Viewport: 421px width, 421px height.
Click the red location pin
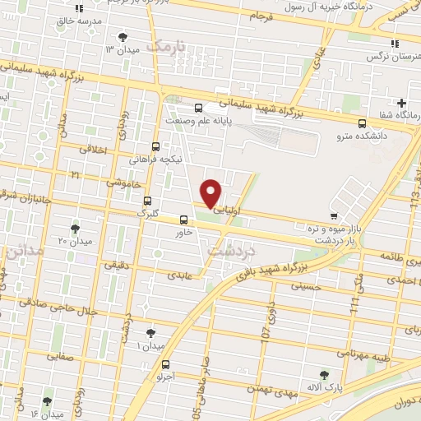point(211,192)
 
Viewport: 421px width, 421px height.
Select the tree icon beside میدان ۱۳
point(123,37)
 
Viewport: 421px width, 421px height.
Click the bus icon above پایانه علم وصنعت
point(198,108)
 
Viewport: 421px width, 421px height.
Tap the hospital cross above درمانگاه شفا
point(401,104)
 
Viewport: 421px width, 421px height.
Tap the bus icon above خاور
point(183,220)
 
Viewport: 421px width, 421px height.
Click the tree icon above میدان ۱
point(150,333)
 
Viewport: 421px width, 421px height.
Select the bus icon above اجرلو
point(167,364)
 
